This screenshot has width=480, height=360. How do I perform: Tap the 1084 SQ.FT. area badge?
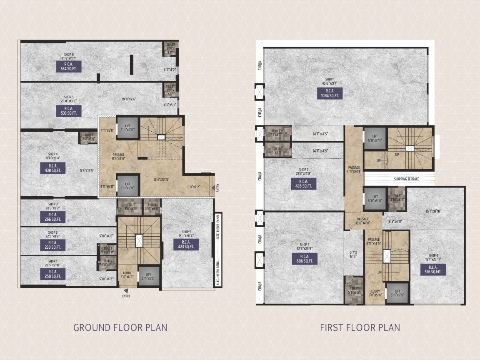point(329,93)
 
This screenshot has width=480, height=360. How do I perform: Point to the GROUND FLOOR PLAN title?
point(120,327)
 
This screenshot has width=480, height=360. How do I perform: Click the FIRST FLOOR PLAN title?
point(360,327)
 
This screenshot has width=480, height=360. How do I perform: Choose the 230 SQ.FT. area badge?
point(52,245)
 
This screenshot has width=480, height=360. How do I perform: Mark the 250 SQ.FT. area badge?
point(52,274)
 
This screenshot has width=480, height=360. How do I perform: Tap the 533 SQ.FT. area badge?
point(69,111)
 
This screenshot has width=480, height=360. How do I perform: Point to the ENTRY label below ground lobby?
point(126,296)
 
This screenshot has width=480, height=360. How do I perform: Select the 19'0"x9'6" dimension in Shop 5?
point(129,99)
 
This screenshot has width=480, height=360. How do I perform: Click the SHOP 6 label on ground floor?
point(69,55)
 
